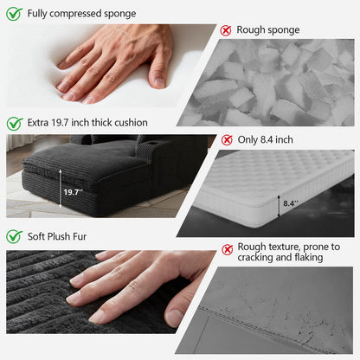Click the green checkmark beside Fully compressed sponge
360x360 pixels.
click(x=15, y=14)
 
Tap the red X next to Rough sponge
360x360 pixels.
click(x=226, y=30)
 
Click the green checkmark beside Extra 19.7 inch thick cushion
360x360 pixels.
click(x=15, y=123)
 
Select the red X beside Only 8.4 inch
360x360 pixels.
click(x=227, y=140)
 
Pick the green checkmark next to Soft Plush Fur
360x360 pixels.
click(x=15, y=236)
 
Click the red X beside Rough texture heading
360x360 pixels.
click(x=228, y=249)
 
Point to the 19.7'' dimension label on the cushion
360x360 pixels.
click(x=73, y=192)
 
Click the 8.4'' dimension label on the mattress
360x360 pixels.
click(x=291, y=203)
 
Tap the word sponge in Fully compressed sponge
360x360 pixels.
click(x=120, y=14)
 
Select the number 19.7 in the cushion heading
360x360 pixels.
click(x=60, y=123)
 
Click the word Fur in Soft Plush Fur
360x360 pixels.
click(x=80, y=236)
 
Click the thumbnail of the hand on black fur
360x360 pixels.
click(x=111, y=292)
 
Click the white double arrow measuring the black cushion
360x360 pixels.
click(x=61, y=189)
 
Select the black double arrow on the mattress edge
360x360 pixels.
click(x=279, y=206)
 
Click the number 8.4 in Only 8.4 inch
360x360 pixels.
click(x=267, y=140)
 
